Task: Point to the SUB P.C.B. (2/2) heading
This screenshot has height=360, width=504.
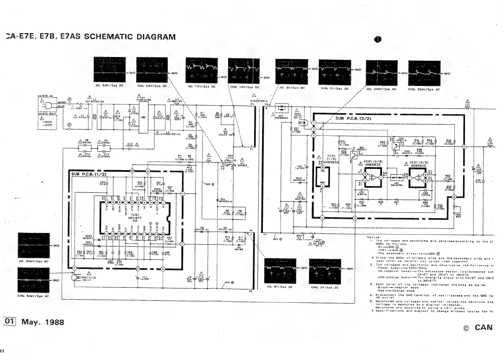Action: pos(353,118)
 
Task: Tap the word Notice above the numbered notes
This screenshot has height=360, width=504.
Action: pos(374,238)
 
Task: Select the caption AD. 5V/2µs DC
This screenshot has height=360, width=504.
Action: pos(279,287)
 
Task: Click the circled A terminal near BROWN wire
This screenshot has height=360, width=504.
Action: pos(70,100)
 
